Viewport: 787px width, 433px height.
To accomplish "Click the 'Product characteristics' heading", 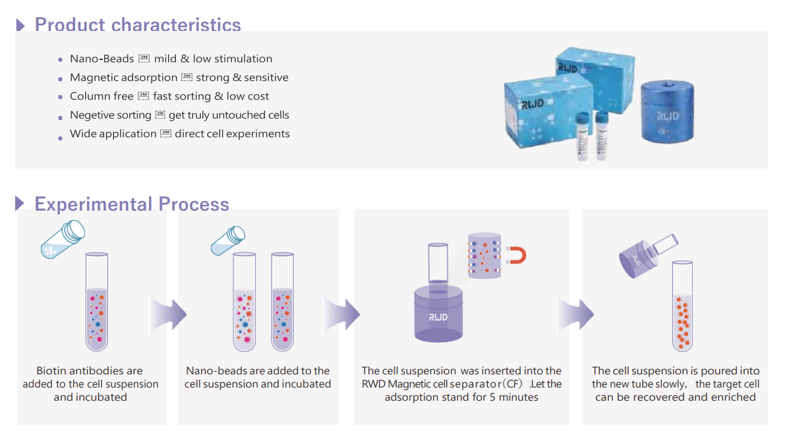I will click(x=138, y=25).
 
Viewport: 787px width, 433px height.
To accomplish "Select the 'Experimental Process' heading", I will click(x=132, y=204).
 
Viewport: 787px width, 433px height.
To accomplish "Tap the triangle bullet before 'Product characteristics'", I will click(x=20, y=25).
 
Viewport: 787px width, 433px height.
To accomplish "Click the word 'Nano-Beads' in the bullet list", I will click(x=102, y=59).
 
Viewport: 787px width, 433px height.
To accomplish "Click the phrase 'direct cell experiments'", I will click(x=232, y=134).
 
